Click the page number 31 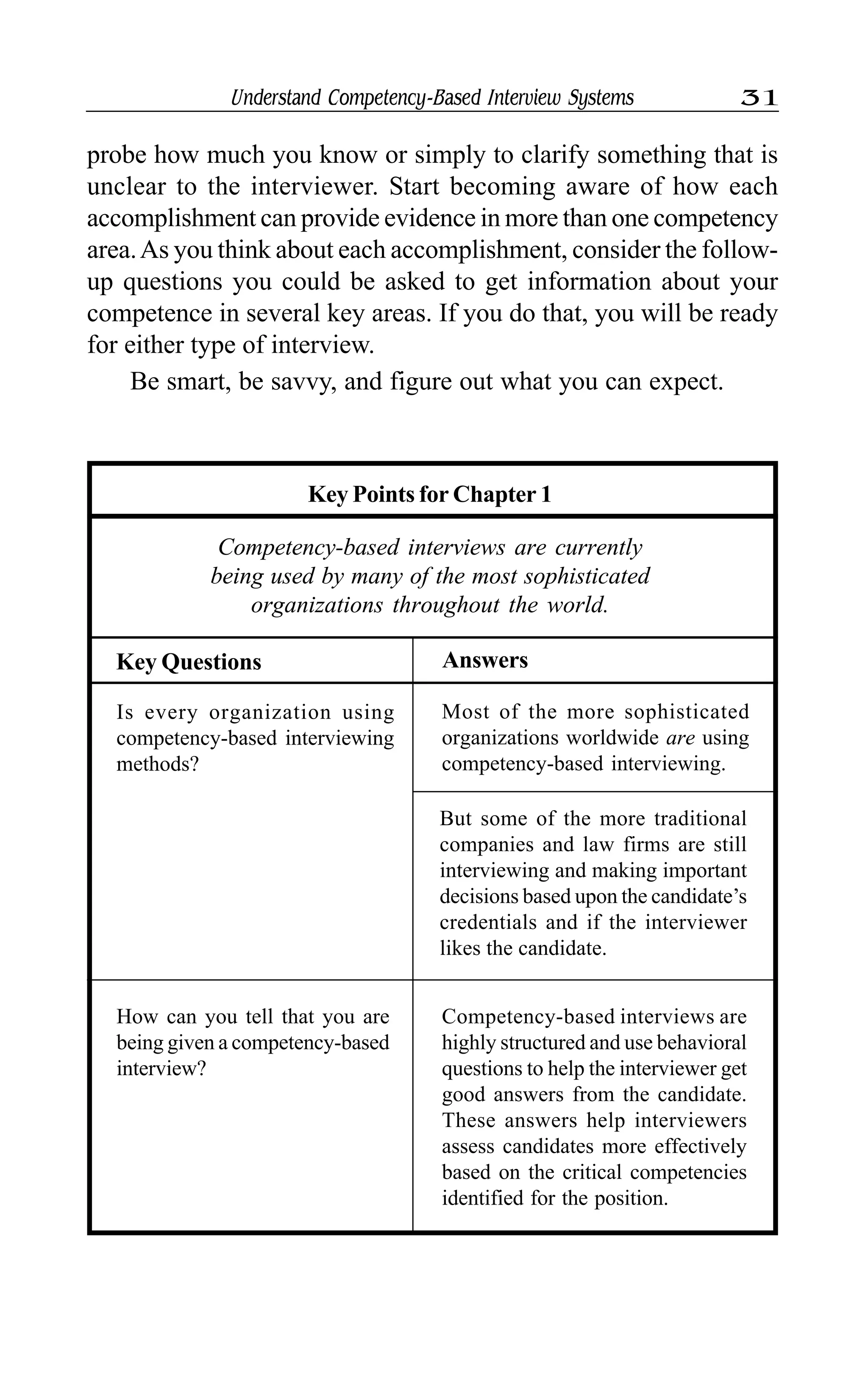(759, 98)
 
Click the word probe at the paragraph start (117, 156)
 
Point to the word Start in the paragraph (415, 187)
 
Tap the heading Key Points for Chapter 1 (429, 494)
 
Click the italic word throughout (446, 606)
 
